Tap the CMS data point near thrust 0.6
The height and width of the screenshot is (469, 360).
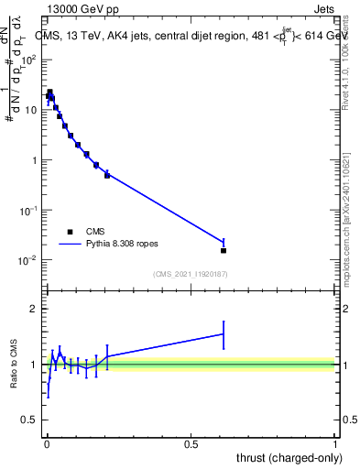[x=224, y=250]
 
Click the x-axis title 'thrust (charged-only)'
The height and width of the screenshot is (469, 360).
[x=285, y=457]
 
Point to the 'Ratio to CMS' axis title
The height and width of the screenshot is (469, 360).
[x=14, y=365]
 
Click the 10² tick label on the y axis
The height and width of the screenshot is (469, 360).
[x=29, y=60]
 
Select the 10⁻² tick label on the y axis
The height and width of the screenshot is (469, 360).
[x=29, y=261]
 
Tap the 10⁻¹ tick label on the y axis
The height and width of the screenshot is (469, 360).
[x=29, y=211]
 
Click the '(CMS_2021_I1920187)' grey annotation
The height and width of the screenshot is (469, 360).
[x=191, y=274]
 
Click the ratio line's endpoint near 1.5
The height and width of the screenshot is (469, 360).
[x=224, y=333]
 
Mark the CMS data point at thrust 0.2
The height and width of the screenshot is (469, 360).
[x=107, y=174]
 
